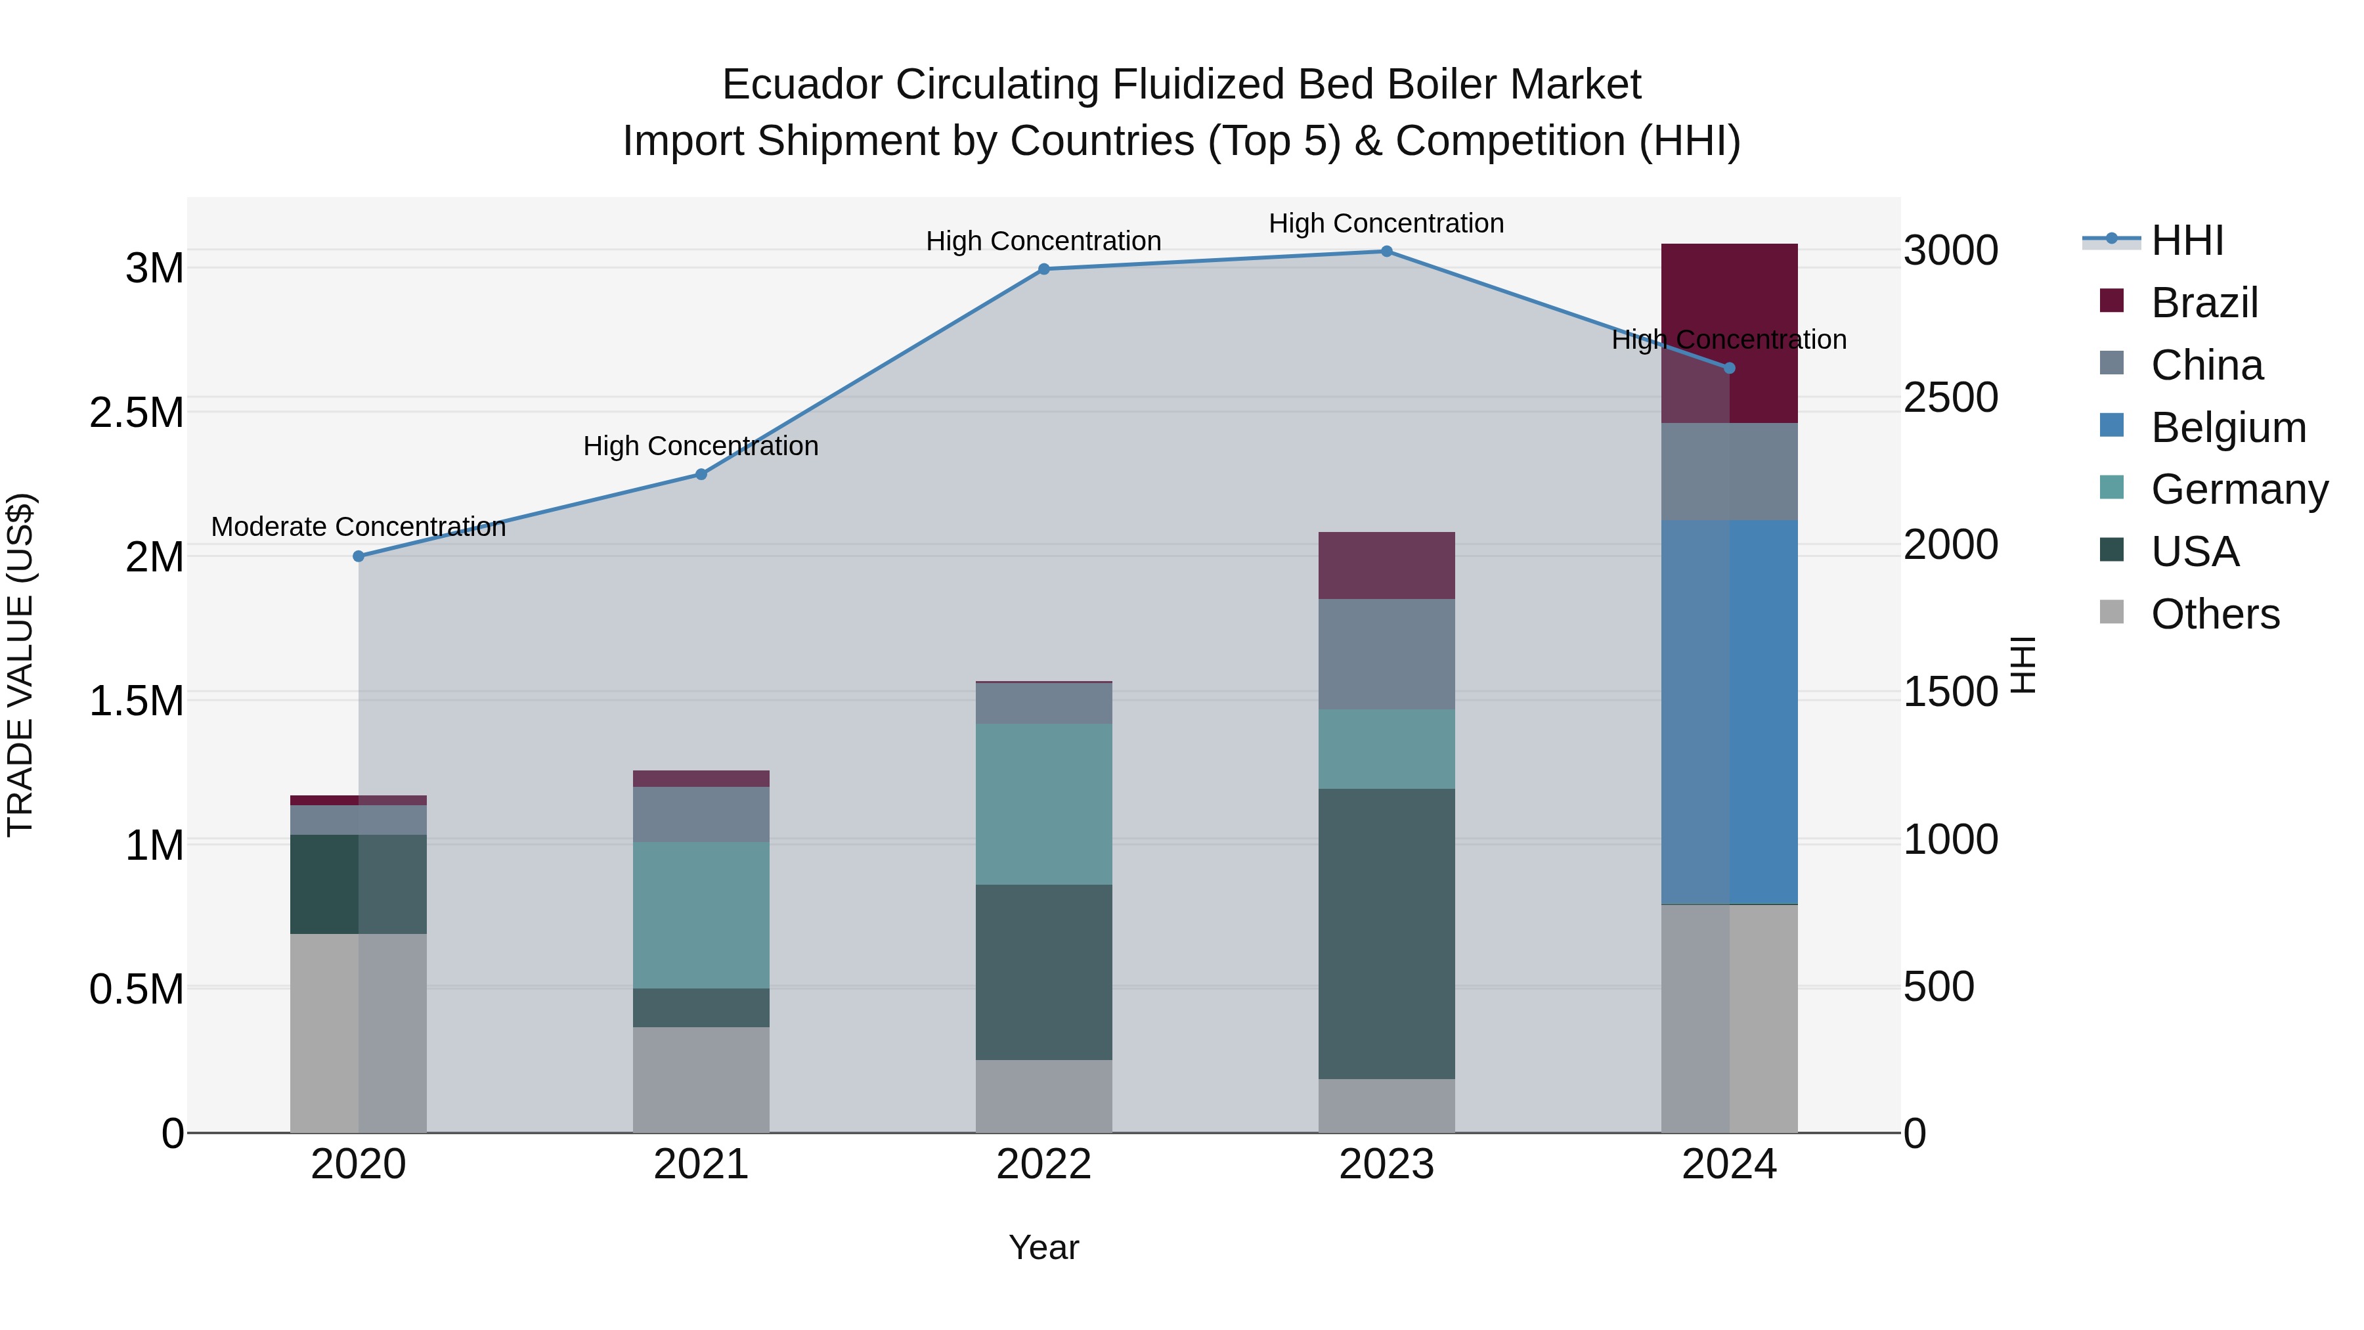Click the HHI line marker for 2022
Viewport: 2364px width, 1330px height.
tap(1043, 269)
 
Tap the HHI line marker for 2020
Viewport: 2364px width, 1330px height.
tap(359, 556)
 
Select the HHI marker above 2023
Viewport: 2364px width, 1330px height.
tap(1387, 252)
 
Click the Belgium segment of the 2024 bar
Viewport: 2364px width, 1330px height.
tap(1729, 711)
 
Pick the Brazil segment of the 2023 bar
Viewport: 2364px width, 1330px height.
tap(1387, 565)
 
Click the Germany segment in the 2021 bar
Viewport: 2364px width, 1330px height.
tap(701, 914)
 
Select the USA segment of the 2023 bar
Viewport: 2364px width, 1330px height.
tap(1387, 933)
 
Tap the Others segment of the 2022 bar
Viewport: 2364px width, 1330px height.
tap(1043, 1096)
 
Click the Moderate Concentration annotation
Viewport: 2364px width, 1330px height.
tap(359, 527)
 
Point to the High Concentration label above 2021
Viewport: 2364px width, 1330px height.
tap(701, 446)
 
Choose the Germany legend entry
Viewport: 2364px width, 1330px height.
tap(2239, 489)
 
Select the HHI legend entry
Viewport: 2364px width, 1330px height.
tap(2186, 240)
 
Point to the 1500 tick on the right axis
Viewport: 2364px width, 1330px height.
tap(1950, 692)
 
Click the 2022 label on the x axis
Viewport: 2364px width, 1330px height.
tap(1043, 1164)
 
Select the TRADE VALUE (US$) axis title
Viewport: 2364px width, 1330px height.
tap(20, 665)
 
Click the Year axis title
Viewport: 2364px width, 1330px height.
tap(1043, 1247)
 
